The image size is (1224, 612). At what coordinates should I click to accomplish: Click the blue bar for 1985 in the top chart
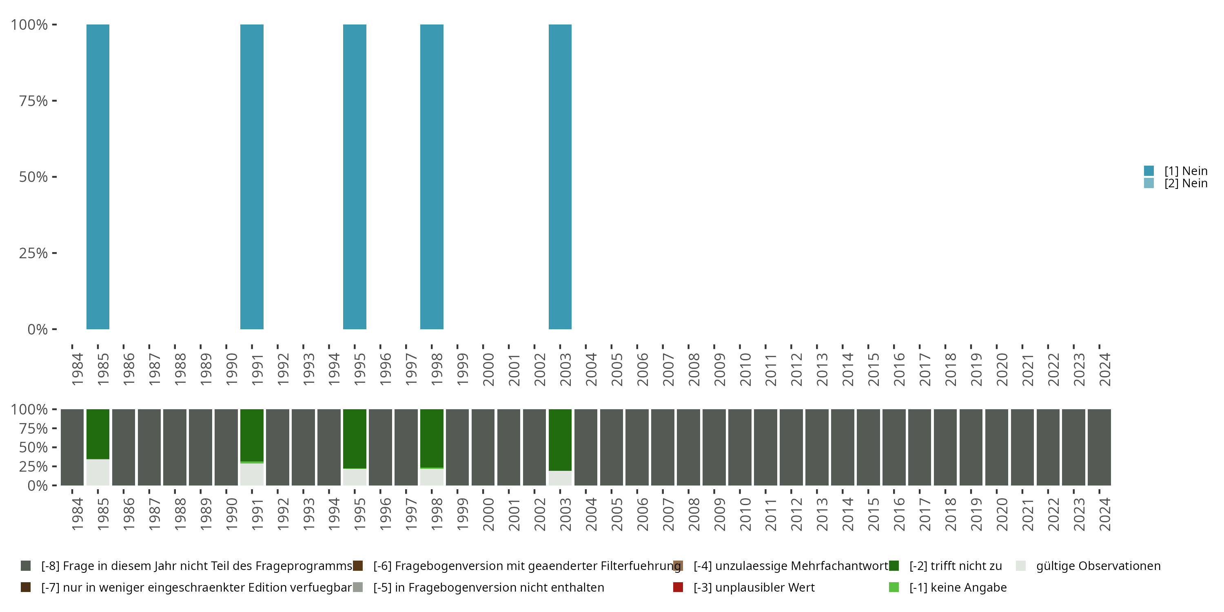point(98,177)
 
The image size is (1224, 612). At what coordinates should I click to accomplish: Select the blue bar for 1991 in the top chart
point(252,177)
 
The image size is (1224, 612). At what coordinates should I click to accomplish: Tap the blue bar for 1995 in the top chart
point(355,177)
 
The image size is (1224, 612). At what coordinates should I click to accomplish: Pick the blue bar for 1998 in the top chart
point(431,177)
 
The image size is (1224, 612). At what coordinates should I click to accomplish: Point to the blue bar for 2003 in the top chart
point(560,177)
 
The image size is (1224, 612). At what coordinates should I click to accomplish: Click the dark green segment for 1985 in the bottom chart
point(98,434)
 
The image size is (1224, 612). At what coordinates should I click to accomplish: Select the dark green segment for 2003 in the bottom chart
point(560,439)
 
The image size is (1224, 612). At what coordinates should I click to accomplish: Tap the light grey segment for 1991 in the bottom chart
point(252,474)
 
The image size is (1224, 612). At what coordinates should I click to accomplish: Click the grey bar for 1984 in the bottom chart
point(72,447)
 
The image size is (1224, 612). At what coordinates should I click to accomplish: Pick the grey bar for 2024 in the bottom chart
point(1099,447)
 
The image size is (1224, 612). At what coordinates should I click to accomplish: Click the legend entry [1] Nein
point(1186,171)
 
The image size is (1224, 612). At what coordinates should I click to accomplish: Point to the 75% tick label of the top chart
point(33,101)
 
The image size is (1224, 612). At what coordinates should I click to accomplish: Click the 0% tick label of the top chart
point(38,329)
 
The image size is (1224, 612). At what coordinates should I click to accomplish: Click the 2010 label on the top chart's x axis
point(745,369)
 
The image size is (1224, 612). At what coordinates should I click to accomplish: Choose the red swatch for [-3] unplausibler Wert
point(678,587)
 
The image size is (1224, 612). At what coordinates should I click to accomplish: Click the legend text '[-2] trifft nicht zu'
point(956,566)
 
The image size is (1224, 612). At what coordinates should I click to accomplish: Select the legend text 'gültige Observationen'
point(1098,566)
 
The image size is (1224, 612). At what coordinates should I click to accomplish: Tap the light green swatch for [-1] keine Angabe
point(894,587)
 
